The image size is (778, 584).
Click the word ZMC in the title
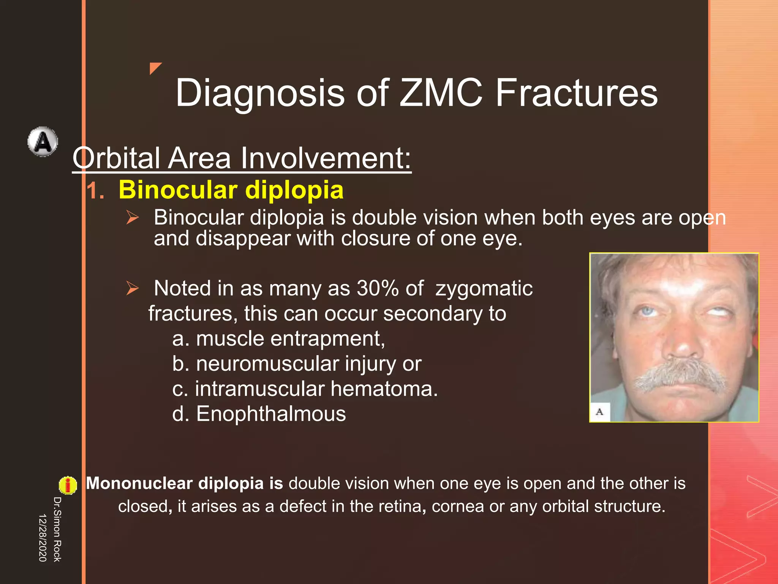pos(441,93)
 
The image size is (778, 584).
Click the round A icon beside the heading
pos(43,142)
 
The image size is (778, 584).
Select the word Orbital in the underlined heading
pos(116,158)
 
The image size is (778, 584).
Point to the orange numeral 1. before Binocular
pos(95,190)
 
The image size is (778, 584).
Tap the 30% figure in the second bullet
pos(378,288)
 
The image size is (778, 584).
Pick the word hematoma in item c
pos(384,389)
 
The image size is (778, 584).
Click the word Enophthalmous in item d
pos(271,414)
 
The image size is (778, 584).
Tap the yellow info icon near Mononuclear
pos(68,485)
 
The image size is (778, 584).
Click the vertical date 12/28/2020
pos(43,538)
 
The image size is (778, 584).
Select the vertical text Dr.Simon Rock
pos(57,529)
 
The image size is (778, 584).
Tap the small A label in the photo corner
pos(600,412)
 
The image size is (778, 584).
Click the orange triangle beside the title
pos(155,68)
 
